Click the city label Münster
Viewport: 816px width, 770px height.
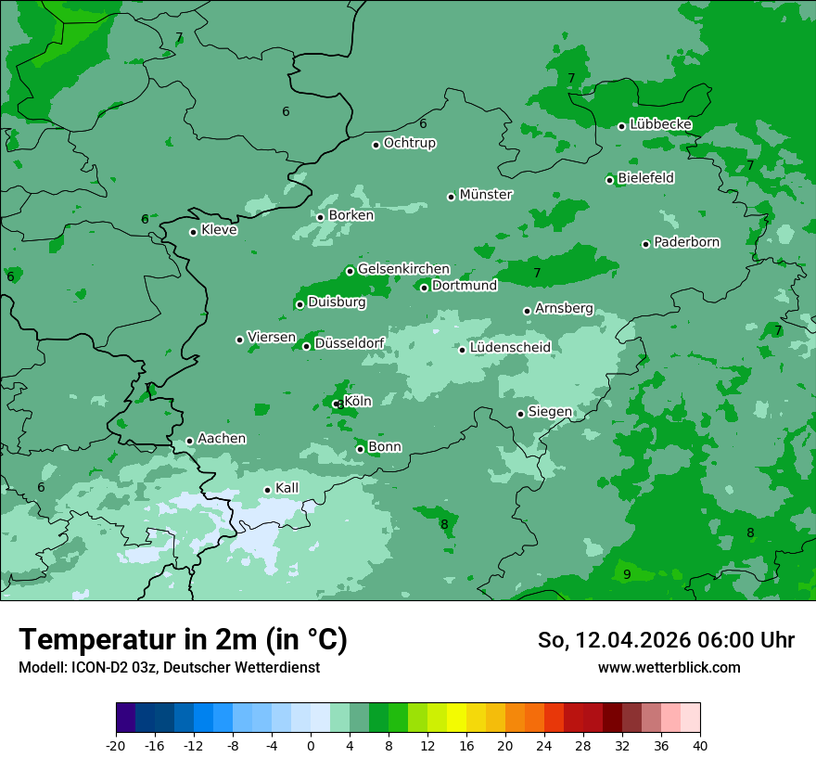click(x=486, y=195)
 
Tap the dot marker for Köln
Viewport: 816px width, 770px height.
click(x=336, y=404)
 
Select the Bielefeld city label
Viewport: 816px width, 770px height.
click(x=645, y=178)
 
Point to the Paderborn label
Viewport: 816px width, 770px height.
click(x=686, y=243)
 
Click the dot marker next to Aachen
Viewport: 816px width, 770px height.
click(x=190, y=442)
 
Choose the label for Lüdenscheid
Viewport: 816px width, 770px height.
click(x=510, y=348)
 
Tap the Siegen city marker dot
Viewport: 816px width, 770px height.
click(x=521, y=414)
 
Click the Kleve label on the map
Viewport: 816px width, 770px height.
click(x=219, y=230)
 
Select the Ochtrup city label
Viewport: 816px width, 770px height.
click(x=409, y=143)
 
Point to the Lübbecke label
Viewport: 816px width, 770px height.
click(x=660, y=124)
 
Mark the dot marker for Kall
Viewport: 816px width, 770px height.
click(x=268, y=490)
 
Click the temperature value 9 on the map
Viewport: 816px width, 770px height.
click(x=627, y=575)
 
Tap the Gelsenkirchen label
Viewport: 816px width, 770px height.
click(x=403, y=269)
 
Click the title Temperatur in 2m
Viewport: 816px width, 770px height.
click(x=184, y=640)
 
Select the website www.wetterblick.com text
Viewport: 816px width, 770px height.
click(x=669, y=667)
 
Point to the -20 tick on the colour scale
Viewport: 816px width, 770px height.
click(x=116, y=746)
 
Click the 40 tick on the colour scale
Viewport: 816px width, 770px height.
click(x=700, y=746)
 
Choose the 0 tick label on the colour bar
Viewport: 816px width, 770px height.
click(x=311, y=746)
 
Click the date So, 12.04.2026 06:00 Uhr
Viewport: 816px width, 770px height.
click(x=666, y=640)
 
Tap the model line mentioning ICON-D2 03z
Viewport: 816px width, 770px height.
click(x=169, y=667)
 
